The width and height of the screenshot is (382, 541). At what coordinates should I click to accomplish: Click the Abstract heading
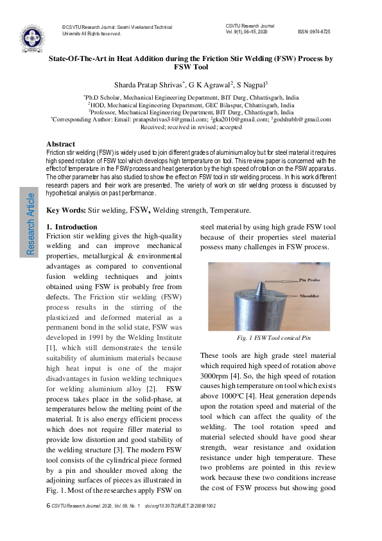click(61, 144)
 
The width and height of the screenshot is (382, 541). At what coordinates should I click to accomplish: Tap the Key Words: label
click(66, 210)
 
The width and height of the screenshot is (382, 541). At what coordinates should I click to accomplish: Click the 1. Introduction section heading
click(72, 227)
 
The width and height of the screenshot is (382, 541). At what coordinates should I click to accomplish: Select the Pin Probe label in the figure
click(311, 280)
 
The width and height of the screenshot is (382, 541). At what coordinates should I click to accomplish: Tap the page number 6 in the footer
click(48, 506)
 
